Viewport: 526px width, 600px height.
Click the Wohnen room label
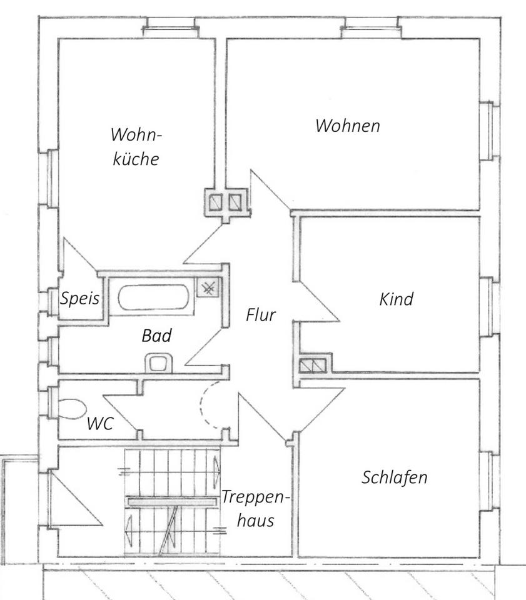(x=347, y=126)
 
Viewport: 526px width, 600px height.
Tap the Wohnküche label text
(x=136, y=146)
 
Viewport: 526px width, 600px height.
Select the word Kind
(x=397, y=299)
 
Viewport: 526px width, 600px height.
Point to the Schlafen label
(x=395, y=478)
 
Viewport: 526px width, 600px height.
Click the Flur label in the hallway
(x=260, y=315)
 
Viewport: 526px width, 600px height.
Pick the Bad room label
(x=156, y=336)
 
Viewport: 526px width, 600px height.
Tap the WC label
(x=100, y=424)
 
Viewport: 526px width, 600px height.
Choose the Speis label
(x=80, y=299)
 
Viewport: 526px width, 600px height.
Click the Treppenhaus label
(x=256, y=509)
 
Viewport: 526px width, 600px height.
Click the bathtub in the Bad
(x=153, y=297)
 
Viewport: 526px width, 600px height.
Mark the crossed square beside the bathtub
(x=208, y=287)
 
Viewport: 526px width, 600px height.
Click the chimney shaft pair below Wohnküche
(x=225, y=202)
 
